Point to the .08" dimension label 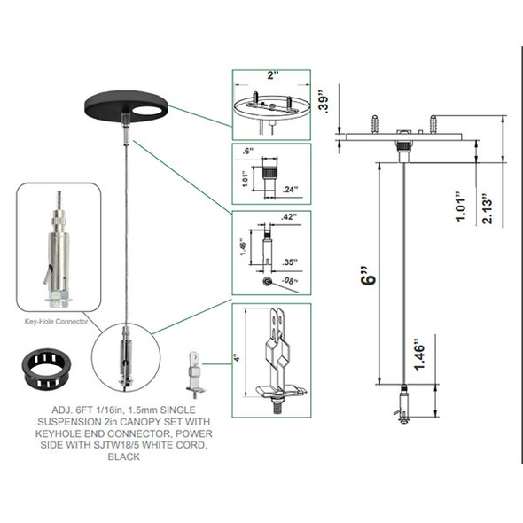(290, 282)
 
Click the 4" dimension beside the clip (236, 358)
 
